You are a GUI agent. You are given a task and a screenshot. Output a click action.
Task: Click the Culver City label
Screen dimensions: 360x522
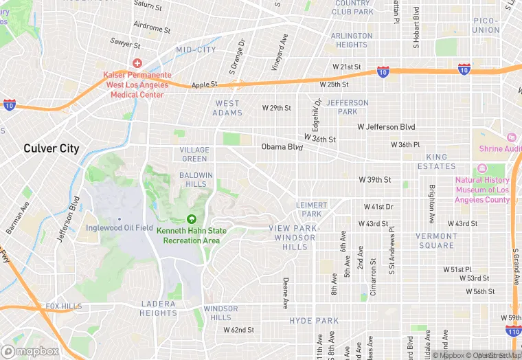52,148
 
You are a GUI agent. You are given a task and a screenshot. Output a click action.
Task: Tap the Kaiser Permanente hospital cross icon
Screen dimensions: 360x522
137,63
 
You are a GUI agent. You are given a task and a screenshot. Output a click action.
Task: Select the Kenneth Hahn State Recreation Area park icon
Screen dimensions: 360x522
191,219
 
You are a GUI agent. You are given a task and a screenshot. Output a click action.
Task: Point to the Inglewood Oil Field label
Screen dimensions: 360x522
119,227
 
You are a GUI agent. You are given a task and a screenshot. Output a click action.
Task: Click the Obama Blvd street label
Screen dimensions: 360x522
282,147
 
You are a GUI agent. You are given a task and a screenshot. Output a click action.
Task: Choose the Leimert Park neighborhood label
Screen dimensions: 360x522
313,210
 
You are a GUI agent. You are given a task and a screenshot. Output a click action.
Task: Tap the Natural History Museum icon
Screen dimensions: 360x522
481,169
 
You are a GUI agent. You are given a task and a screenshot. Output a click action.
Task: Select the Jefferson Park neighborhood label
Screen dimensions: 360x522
347,107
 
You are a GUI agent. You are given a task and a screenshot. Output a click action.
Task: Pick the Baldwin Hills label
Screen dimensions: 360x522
196,180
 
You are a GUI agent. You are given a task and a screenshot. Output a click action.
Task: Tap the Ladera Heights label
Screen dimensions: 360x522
159,308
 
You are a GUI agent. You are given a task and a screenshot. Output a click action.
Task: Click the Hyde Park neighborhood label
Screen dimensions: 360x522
314,321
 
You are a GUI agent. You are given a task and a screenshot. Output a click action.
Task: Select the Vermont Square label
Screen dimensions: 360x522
436,241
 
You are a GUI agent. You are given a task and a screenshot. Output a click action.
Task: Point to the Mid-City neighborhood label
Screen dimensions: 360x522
196,50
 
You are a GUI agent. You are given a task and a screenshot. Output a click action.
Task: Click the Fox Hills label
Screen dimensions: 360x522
64,306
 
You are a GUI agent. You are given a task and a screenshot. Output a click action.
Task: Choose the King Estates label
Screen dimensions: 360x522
437,162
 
